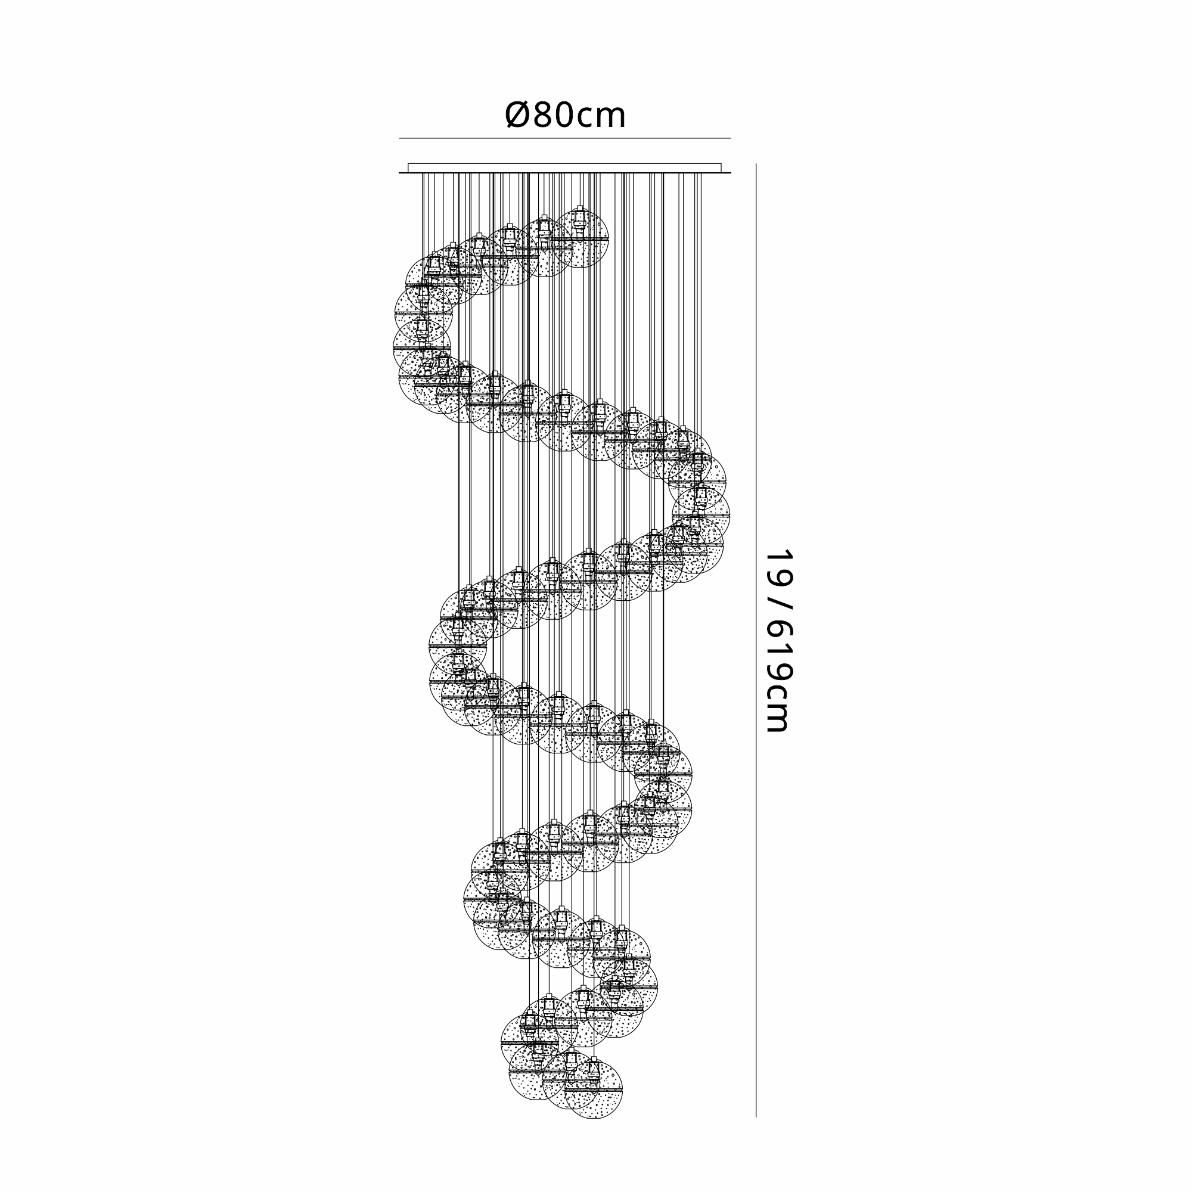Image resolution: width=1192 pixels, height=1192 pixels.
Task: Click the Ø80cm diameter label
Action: [x=565, y=115]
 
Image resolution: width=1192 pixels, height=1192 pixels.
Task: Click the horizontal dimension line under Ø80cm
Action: [x=564, y=138]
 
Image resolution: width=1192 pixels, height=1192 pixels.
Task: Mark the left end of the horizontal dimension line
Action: [x=399, y=138]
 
